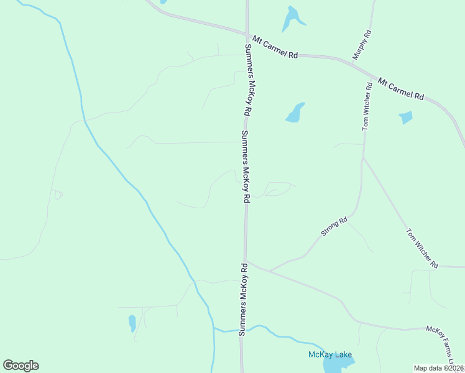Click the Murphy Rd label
(362, 45)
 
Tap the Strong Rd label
(334, 227)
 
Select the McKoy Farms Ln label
(444, 345)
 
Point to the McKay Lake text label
(331, 355)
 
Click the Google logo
(21, 365)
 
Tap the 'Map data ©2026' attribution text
(439, 368)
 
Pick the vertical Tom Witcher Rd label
(367, 107)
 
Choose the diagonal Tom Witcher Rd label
(422, 248)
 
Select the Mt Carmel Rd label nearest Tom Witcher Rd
(401, 89)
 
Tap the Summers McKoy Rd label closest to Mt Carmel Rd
(247, 81)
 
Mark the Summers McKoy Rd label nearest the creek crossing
(244, 300)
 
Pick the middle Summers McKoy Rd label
(246, 167)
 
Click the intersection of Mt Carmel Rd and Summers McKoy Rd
(247, 34)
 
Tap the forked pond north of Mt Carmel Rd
(292, 19)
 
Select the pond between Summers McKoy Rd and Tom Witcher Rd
(295, 113)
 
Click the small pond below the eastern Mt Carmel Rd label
(406, 117)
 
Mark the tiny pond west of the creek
(132, 323)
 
